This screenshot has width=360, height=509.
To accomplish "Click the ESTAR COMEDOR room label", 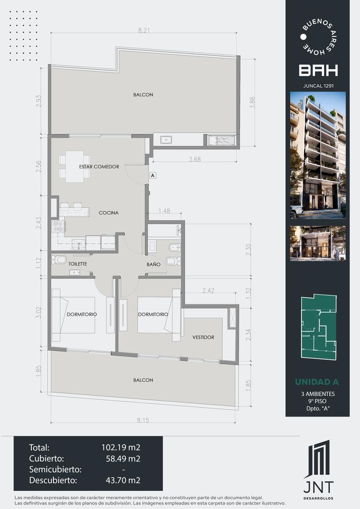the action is coord(99,167).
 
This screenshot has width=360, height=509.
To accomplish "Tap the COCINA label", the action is coord(109,213).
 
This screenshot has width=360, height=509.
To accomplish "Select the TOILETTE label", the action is coord(78,264).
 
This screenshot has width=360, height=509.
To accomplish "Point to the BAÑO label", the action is coord(154,264).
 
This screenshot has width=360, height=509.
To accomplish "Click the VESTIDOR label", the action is coord(203,337).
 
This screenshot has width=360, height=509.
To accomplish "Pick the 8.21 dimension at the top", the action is coord(144,30).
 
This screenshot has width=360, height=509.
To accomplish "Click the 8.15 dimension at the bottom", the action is coord(143,420).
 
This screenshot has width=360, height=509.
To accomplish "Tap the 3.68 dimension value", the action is coord(195,159).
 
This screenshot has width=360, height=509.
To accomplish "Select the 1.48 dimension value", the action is coord(164,211).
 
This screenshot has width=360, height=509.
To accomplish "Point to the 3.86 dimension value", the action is coord(252,103).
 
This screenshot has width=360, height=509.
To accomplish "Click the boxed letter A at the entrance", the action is coord(153,176).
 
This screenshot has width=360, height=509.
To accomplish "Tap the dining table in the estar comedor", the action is coord(75,167).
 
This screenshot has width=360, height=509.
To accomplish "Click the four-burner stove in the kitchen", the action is coord(58,226).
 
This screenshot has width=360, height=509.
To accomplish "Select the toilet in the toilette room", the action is coord(59,260).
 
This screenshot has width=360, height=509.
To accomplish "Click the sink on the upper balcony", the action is coord(166,140).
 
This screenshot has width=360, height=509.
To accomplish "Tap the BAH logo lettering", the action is coord(318,70).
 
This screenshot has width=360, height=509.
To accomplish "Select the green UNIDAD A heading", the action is coord(317,382).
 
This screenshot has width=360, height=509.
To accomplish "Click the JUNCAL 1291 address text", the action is coord(318,86).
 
